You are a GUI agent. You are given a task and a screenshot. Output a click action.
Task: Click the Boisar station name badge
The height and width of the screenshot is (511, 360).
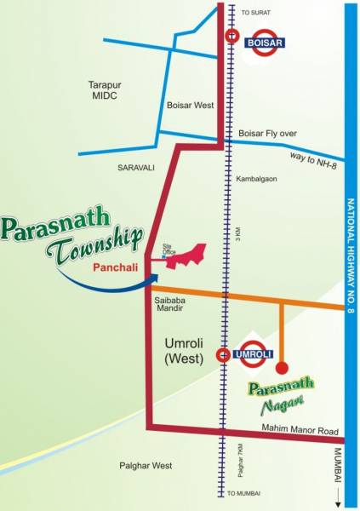(265, 42)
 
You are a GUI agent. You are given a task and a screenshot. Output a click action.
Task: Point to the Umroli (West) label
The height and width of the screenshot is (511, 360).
(183, 350)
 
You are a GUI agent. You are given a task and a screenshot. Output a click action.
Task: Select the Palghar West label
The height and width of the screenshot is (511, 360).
(146, 466)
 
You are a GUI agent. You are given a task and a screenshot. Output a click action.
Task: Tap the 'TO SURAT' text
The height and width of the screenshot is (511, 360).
(254, 13)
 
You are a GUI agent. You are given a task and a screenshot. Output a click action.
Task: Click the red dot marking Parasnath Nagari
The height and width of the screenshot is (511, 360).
(282, 369)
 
